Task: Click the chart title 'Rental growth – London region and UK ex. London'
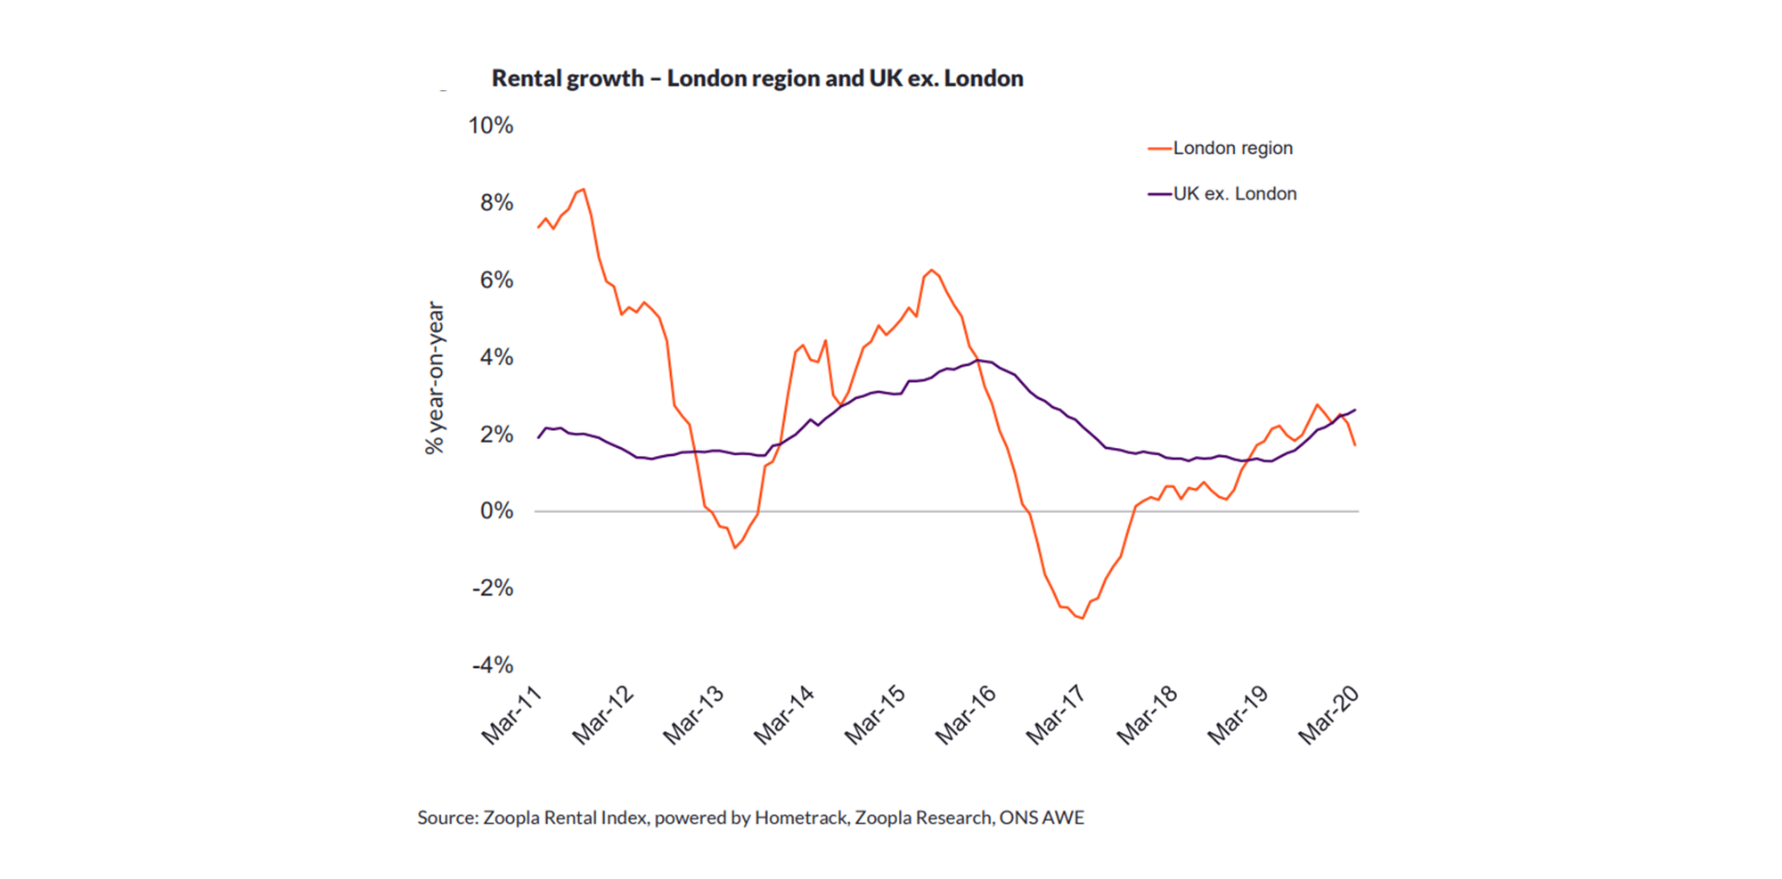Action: click(757, 79)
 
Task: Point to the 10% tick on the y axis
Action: click(491, 126)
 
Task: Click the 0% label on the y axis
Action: click(496, 511)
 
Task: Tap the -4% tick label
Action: click(493, 665)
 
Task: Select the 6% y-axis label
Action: click(496, 280)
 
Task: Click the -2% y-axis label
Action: click(493, 588)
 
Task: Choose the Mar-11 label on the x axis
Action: click(511, 715)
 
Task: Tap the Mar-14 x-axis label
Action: click(784, 715)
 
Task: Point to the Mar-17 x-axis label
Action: click(1056, 715)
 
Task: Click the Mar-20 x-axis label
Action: click(1328, 715)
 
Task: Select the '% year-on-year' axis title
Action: click(435, 378)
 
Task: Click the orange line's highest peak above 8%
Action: click(583, 189)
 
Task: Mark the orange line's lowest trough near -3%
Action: click(1083, 618)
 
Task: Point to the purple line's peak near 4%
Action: click(977, 360)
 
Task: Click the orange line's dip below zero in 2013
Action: click(734, 548)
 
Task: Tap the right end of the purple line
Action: click(1355, 410)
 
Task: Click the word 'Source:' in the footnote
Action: click(448, 818)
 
